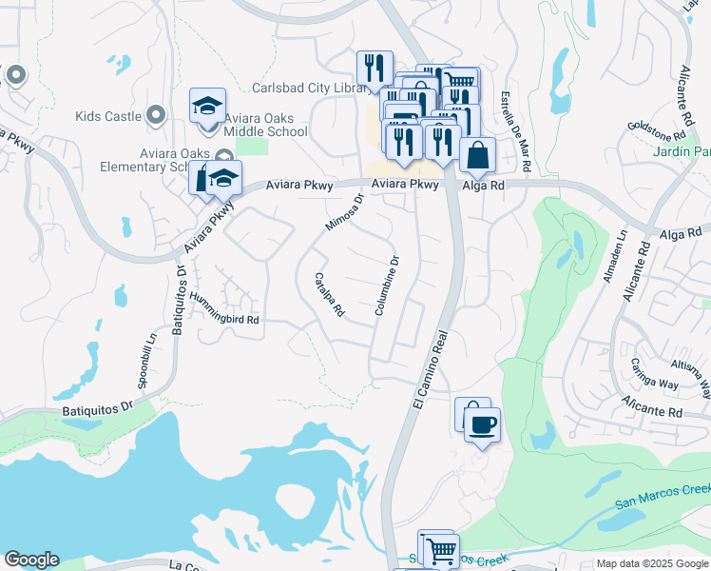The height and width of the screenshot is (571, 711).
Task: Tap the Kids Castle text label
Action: [x=108, y=116]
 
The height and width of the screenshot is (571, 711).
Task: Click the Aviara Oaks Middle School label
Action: [x=253, y=132]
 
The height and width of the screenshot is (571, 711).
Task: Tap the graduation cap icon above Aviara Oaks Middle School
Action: [x=207, y=107]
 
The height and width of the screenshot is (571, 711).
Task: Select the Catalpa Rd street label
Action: [x=329, y=294]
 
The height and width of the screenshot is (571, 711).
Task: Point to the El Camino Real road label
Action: [x=431, y=369]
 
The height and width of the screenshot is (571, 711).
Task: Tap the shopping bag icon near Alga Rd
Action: [x=477, y=153]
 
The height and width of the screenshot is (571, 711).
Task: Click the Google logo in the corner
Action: [x=31, y=560]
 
